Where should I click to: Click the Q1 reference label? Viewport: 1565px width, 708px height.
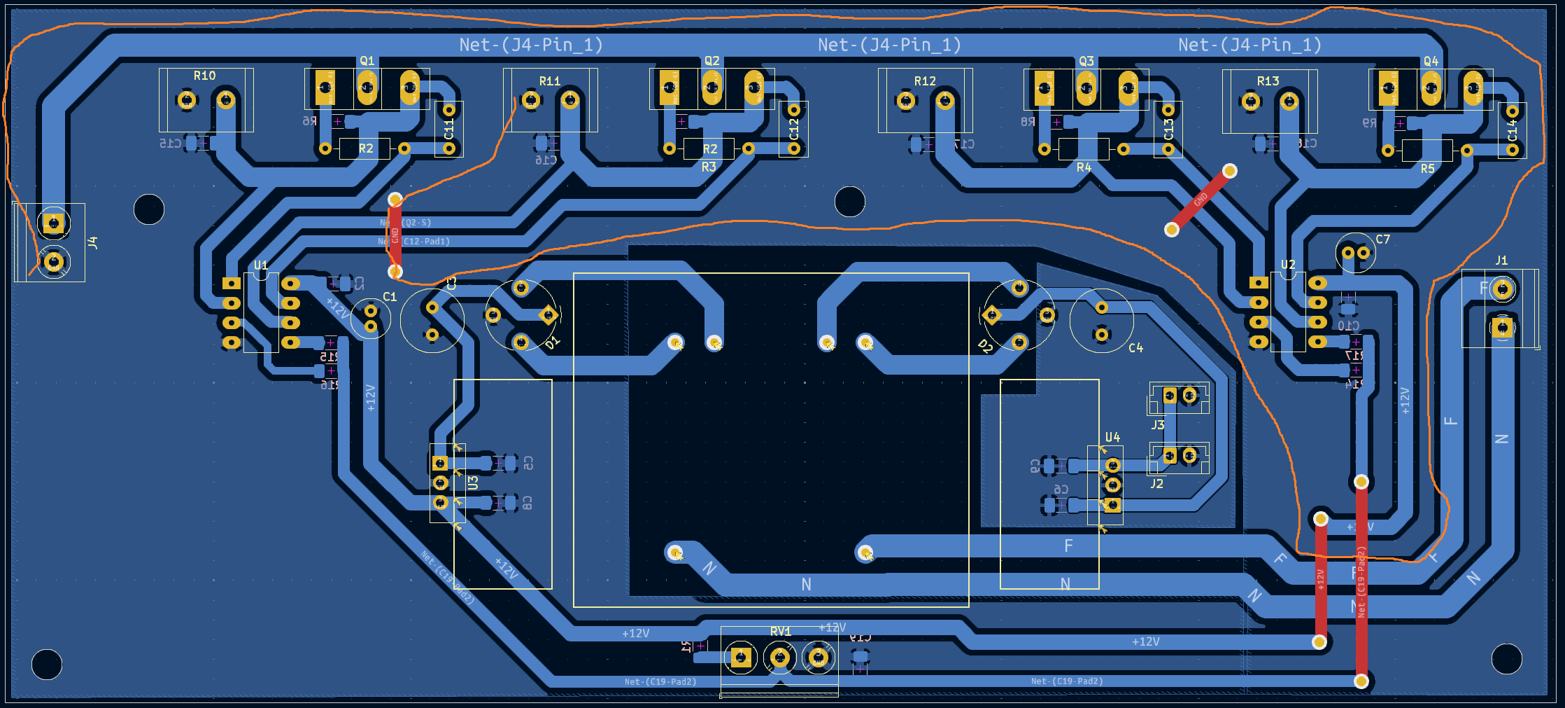point(367,62)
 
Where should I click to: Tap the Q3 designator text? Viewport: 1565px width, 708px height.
point(1086,62)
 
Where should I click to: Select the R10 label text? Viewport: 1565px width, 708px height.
point(204,76)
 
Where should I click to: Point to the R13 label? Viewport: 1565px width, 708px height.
point(1268,81)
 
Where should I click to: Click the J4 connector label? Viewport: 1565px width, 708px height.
point(93,243)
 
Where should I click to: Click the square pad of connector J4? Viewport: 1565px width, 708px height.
point(53,223)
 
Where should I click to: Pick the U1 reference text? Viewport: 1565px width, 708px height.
point(261,265)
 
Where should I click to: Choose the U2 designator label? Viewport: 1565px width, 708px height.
point(1288,265)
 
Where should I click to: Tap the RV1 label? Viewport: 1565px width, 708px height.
point(780,632)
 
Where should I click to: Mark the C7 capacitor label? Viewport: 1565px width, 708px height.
point(1382,240)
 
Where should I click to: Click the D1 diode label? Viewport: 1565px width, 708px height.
point(553,342)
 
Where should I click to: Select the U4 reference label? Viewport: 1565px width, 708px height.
point(1112,438)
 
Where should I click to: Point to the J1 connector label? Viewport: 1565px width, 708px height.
point(1501,261)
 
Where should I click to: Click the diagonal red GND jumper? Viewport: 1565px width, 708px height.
point(1201,200)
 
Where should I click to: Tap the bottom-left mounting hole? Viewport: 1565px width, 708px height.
point(47,665)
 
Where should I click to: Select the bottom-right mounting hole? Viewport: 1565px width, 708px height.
point(1506,659)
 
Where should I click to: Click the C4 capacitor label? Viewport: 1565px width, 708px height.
point(1135,348)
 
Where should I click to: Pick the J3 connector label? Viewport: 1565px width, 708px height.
point(1158,425)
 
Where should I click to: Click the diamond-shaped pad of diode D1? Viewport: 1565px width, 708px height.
point(548,315)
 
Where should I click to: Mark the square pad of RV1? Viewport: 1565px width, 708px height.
point(741,658)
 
